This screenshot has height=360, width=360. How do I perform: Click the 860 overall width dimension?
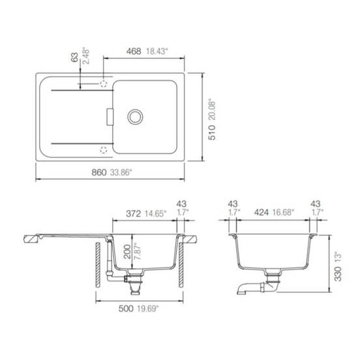pyautogui.click(x=99, y=172)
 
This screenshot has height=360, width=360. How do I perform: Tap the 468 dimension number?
pyautogui.click(x=134, y=52)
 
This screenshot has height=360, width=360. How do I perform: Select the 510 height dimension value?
pyautogui.click(x=212, y=132)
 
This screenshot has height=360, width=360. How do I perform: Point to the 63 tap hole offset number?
pyautogui.click(x=74, y=57)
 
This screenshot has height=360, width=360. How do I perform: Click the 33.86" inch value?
pyautogui.click(x=121, y=172)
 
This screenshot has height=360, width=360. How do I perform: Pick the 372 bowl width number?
pyautogui.click(x=133, y=214)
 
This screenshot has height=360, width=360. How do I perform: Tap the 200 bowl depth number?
pyautogui.click(x=127, y=252)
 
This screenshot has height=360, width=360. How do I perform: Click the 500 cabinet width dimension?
pyautogui.click(x=126, y=308)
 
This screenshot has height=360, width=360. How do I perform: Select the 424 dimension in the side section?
pyautogui.click(x=262, y=213)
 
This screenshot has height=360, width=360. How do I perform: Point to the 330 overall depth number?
pyautogui.click(x=338, y=274)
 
